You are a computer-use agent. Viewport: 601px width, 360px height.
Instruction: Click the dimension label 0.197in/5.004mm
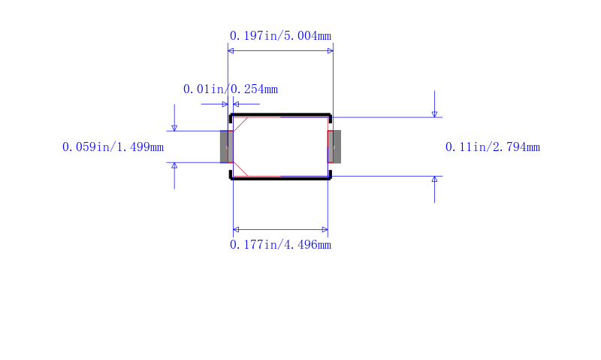point(280,35)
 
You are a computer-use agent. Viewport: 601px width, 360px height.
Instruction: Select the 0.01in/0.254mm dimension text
point(231,89)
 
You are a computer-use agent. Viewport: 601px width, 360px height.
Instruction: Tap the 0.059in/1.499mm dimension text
point(113,147)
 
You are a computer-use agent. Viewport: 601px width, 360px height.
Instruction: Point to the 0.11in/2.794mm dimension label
point(493,147)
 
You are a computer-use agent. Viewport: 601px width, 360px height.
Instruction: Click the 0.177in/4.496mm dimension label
point(280,244)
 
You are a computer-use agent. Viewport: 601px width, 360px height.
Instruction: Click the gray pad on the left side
point(227,147)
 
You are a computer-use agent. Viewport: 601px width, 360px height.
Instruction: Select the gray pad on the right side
point(334,147)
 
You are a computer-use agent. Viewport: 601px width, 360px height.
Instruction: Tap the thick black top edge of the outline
point(280,115)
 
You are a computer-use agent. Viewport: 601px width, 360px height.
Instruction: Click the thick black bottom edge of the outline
point(280,179)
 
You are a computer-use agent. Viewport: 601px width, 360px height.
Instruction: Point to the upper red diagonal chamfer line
point(240,124)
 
